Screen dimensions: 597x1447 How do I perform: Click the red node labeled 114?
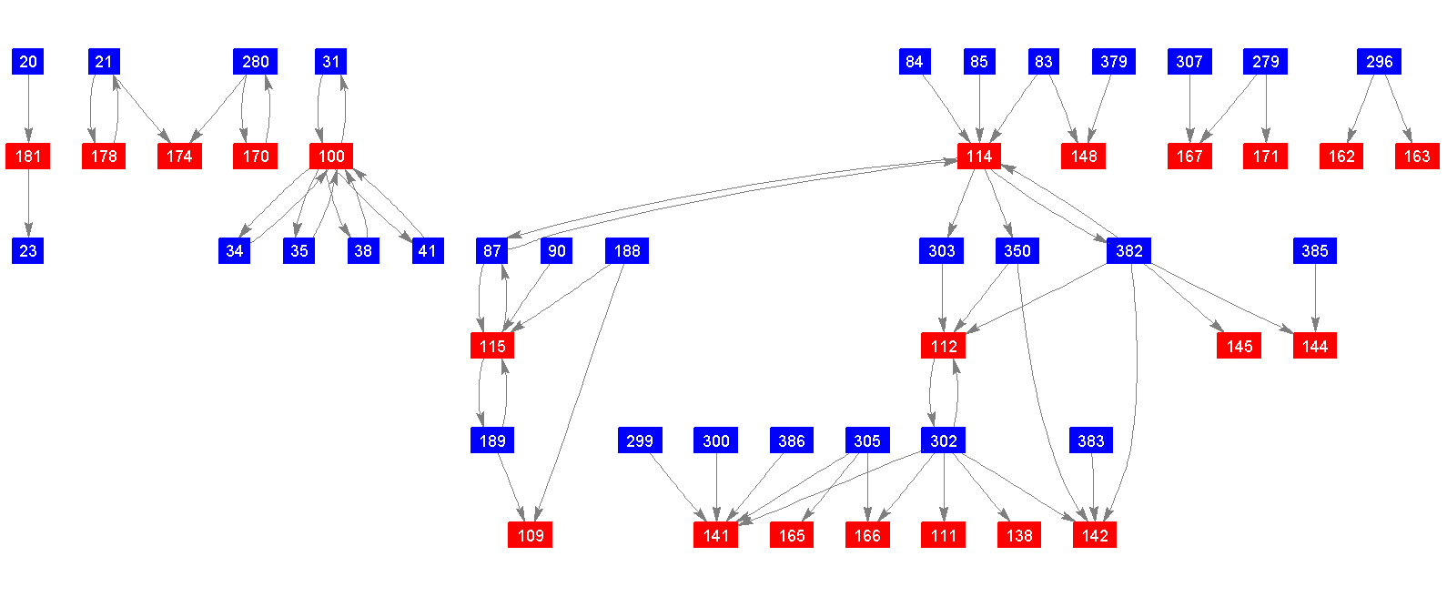point(979,157)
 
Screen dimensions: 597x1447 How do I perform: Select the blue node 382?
point(1128,251)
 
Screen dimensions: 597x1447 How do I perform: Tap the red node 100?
point(331,157)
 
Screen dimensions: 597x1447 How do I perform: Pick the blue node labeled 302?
point(944,441)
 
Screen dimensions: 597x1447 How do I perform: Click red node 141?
point(716,536)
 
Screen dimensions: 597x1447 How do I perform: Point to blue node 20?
point(28,62)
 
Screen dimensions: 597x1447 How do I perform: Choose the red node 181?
point(28,157)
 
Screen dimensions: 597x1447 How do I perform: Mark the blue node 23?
point(28,251)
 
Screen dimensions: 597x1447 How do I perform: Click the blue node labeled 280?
point(256,62)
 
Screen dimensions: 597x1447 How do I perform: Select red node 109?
point(531,536)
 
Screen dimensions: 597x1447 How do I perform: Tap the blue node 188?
point(627,251)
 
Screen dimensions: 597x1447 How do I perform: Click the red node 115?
point(492,347)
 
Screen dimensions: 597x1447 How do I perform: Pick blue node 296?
point(1379,62)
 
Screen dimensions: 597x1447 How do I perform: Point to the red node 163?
point(1417,157)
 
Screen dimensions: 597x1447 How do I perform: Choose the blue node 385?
point(1315,251)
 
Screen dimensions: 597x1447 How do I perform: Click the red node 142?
point(1095,536)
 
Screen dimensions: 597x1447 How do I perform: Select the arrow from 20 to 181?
point(28,109)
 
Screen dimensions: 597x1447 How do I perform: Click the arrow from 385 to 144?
point(1315,298)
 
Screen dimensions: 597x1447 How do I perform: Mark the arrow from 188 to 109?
point(580,391)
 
